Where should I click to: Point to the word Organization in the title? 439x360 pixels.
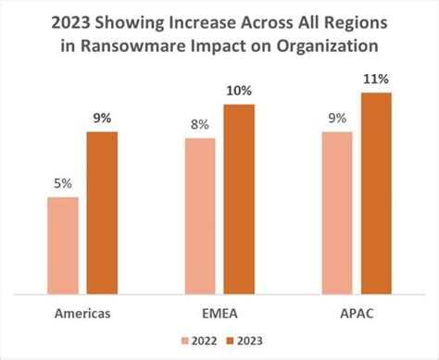pyautogui.click(x=329, y=45)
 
